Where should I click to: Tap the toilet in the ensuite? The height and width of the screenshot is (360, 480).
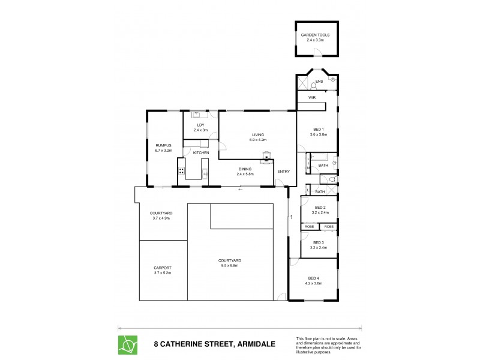pos(313,85)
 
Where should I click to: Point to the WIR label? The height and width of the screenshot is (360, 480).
pos(312,97)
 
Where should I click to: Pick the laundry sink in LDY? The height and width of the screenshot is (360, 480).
pos(196,114)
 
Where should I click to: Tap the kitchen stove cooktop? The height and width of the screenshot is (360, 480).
pos(181,170)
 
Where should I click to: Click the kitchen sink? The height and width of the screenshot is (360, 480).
pos(205,175)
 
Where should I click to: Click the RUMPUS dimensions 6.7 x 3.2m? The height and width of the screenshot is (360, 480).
pos(164,151)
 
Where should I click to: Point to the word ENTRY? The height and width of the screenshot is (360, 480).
pos(283,172)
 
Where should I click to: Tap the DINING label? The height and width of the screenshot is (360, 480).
pos(245,169)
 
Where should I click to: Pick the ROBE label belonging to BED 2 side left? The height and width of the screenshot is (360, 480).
pos(310,227)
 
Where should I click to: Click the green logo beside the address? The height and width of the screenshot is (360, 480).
pos(128,343)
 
